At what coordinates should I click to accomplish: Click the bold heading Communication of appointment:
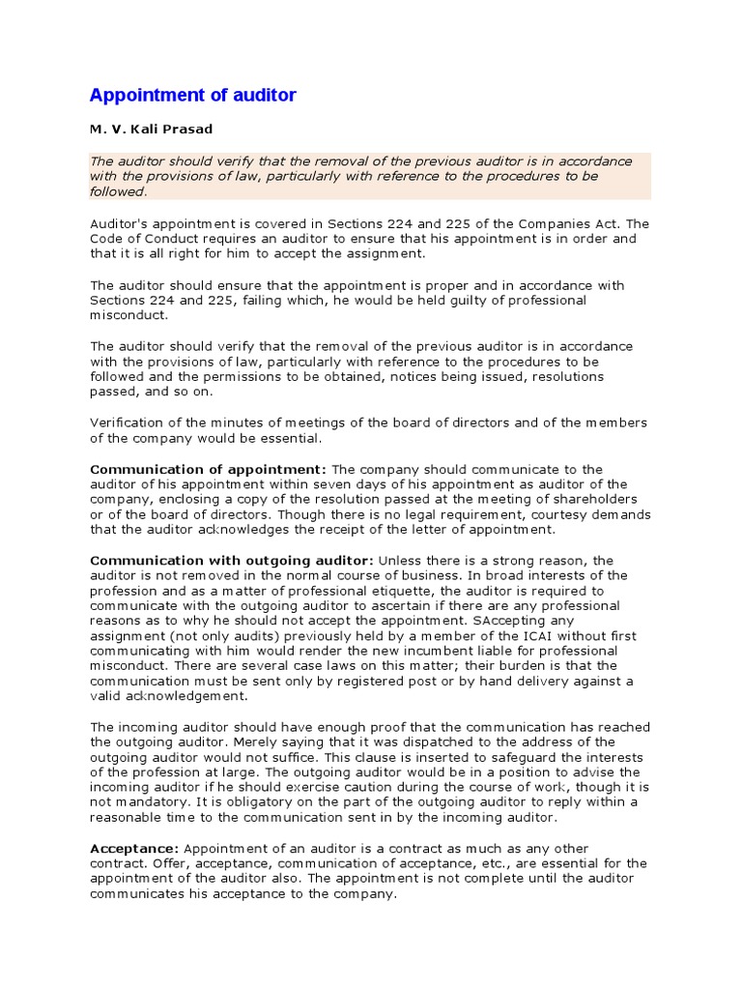tap(209, 469)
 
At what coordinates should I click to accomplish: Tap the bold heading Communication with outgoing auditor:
tap(232, 561)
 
